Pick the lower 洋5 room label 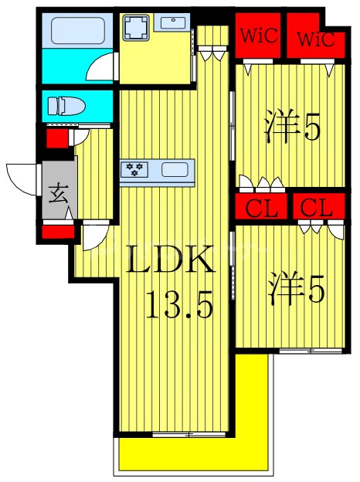coord(297,290)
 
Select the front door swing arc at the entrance coord(22,179)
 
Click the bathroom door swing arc coord(100,69)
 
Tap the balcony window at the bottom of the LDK coord(182,435)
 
